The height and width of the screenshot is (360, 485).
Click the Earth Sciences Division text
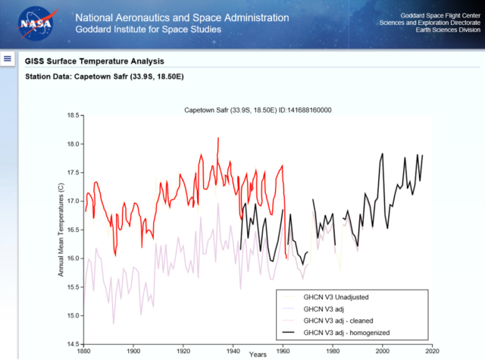[x=442, y=31]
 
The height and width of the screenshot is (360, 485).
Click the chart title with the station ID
[x=258, y=110]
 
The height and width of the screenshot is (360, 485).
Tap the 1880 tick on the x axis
[x=83, y=351]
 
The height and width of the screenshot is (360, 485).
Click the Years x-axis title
[x=257, y=354]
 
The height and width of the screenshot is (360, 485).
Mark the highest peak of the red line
[x=218, y=138]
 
